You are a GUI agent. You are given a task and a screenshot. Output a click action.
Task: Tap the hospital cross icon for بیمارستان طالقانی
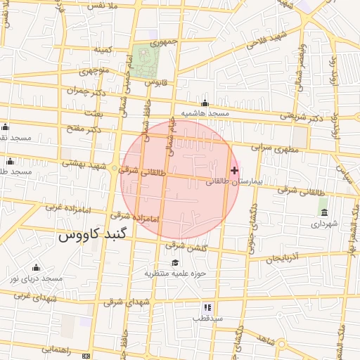coord(234,170)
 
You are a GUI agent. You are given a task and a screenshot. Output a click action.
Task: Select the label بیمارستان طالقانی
coord(234,181)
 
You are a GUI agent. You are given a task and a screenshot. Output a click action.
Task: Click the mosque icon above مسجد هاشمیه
coord(205,103)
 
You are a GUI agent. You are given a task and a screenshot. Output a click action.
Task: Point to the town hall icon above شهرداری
coord(323,212)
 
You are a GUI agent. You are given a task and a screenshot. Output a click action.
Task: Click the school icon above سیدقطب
coord(207,307)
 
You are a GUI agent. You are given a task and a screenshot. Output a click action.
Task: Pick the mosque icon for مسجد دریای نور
coord(36,268)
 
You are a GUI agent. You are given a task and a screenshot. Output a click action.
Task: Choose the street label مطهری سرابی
coord(276,149)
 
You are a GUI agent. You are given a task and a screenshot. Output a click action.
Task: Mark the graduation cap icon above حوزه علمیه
coord(174,262)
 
